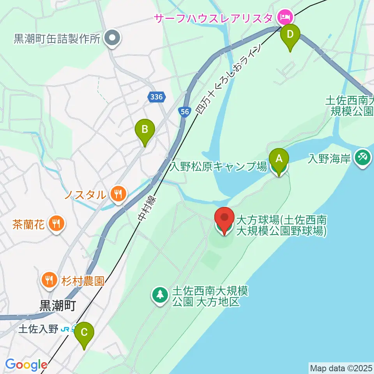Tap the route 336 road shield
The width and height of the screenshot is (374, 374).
pyautogui.click(x=157, y=97)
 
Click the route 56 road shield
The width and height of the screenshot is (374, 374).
pyautogui.click(x=185, y=112)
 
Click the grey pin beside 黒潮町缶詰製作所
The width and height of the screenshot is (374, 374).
pyautogui.click(x=113, y=38)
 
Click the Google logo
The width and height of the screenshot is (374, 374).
pyautogui.click(x=26, y=365)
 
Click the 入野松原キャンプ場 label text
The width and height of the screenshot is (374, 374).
pyautogui.click(x=219, y=167)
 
